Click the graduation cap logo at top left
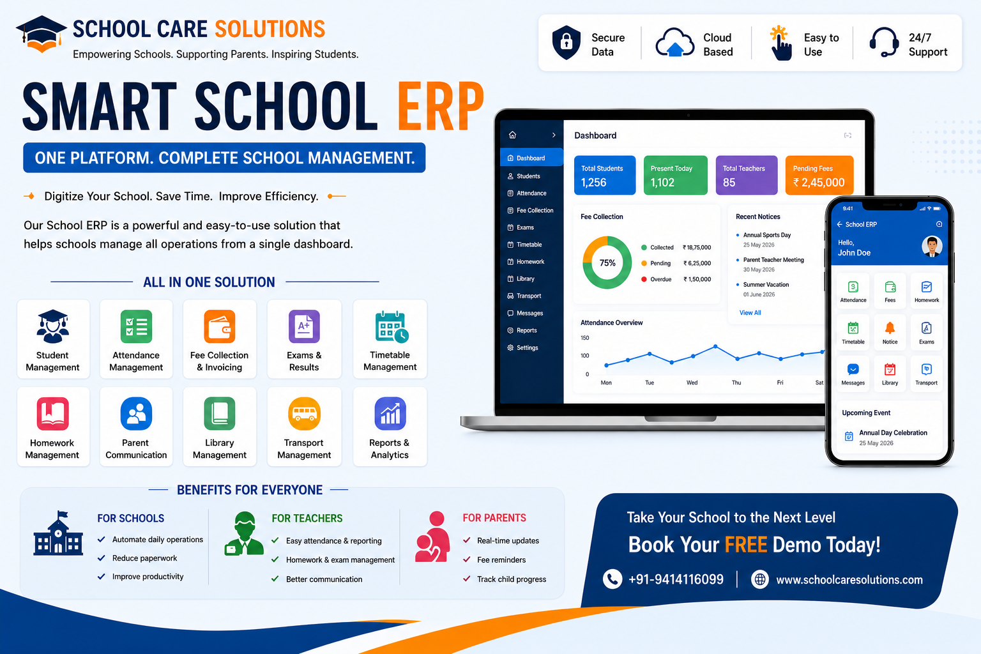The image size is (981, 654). pos(41,34)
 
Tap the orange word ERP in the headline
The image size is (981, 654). pos(441,107)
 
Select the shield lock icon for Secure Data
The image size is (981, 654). pos(567,43)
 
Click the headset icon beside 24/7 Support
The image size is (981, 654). pos(884,43)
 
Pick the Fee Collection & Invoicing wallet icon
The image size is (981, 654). pos(220,326)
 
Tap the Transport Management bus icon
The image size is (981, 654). pos(304,413)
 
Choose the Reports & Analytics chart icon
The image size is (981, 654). pos(390,413)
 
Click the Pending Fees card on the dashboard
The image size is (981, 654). pos(819,175)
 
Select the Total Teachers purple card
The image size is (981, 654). pos(746,175)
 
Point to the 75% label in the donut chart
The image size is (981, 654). pos(607,263)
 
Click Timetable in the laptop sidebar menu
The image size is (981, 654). pos(529,245)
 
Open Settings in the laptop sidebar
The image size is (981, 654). pos(527,348)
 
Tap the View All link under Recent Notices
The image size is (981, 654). pos(750,313)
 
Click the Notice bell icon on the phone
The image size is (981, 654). pos(890,328)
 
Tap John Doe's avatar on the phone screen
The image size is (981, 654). pos(932,247)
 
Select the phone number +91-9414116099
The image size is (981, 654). pos(676,579)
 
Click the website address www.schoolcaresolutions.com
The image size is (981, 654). pos(849,580)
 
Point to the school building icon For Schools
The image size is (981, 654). pos(58,533)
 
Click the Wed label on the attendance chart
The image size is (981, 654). pos(692,383)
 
